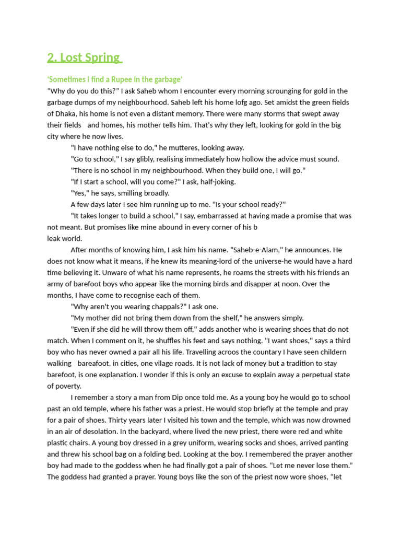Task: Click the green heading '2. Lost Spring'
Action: (x=84, y=57)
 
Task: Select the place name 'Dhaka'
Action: (x=67, y=114)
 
